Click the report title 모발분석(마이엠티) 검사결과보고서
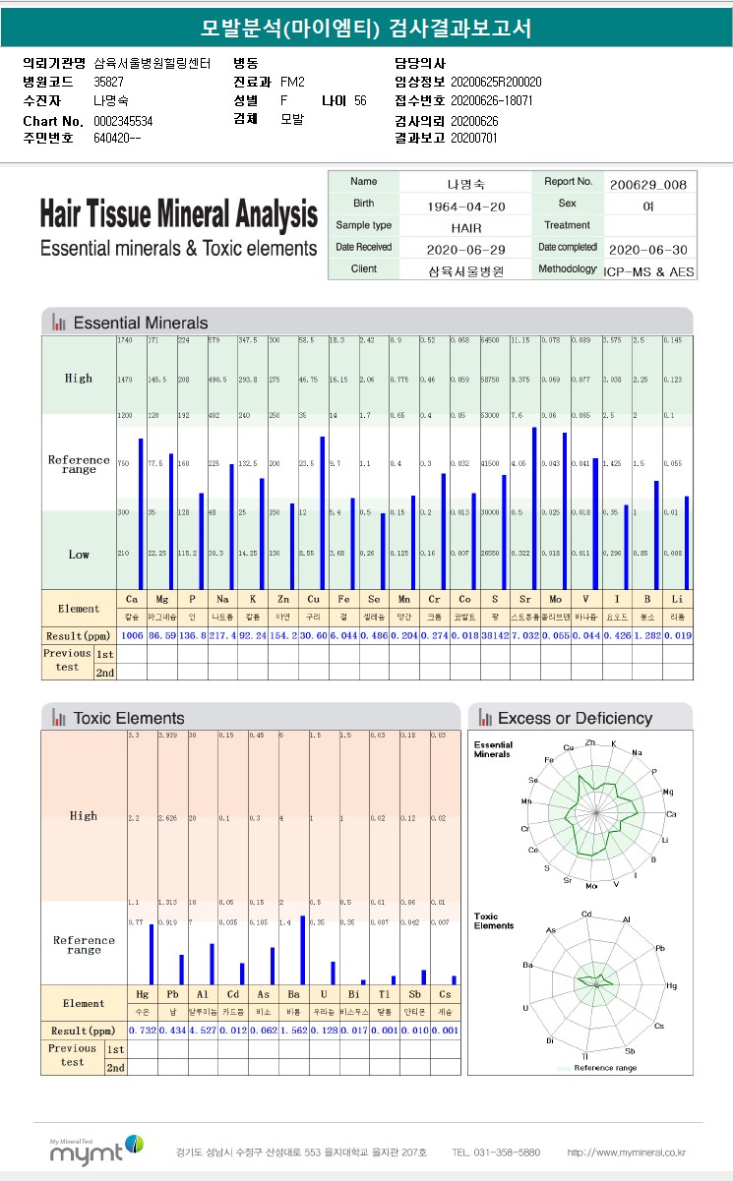pyautogui.click(x=365, y=28)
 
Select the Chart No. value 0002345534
pyautogui.click(x=123, y=121)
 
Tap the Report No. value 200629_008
pyautogui.click(x=647, y=184)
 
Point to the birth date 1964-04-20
pyautogui.click(x=466, y=207)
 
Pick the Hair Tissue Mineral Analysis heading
pyautogui.click(x=178, y=214)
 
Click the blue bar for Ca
pyautogui.click(x=141, y=513)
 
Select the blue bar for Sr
pyautogui.click(x=534, y=507)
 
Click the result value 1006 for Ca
pyautogui.click(x=132, y=636)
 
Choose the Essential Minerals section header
pyautogui.click(x=141, y=323)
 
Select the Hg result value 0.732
pyautogui.click(x=143, y=1030)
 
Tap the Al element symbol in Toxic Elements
pyautogui.click(x=203, y=994)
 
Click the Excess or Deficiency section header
pyautogui.click(x=575, y=718)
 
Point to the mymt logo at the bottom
pyautogui.click(x=96, y=1151)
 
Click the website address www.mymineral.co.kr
pyautogui.click(x=627, y=1152)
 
